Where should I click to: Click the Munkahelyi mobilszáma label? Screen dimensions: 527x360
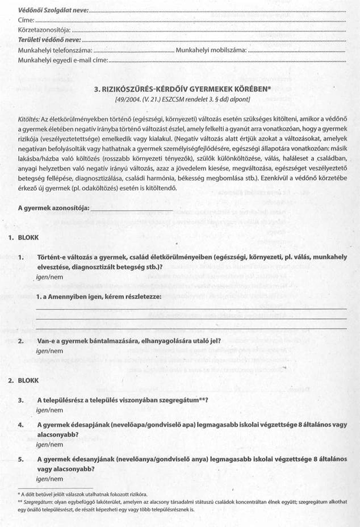[211, 51]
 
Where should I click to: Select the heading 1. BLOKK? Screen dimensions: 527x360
[23, 238]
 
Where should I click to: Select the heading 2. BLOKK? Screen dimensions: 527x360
[23, 380]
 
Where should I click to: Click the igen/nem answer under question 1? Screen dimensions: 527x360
[49, 277]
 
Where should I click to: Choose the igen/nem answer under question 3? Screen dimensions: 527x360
[49, 409]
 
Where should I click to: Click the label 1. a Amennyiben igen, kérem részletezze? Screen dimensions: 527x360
[98, 297]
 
